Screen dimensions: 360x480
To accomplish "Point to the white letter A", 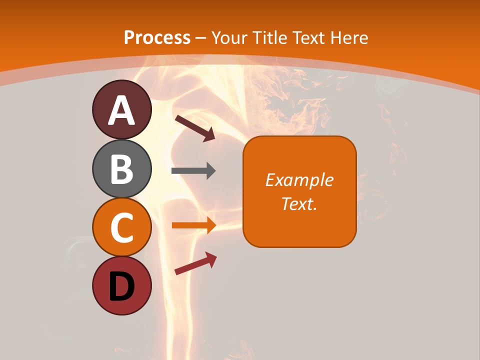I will tap(122, 111).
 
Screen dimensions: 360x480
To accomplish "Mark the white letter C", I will tap(122, 227).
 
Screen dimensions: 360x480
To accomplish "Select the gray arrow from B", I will tap(193, 171).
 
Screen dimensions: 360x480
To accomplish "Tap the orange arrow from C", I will tap(193, 225).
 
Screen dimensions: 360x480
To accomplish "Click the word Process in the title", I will tap(157, 37).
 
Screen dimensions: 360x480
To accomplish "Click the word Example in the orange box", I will tap(299, 180).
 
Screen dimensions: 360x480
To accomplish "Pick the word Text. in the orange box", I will tap(299, 203).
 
